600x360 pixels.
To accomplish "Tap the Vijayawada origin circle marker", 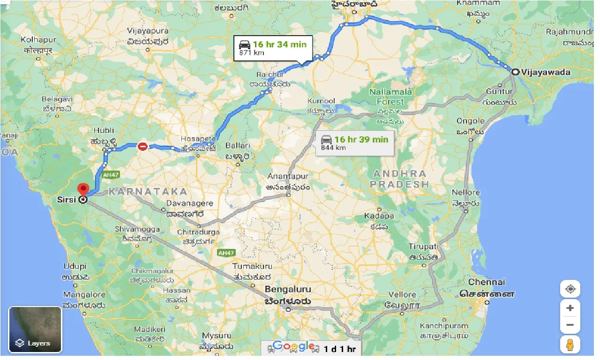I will pyautogui.click(x=515, y=72).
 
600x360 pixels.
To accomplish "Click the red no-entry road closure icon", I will pyautogui.click(x=142, y=147).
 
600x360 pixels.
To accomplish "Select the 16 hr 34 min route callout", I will pyautogui.click(x=273, y=48).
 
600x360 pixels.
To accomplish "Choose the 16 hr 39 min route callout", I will pyautogui.click(x=355, y=143).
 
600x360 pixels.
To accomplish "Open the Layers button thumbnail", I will pyautogui.click(x=35, y=330).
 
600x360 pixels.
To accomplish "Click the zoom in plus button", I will pyautogui.click(x=570, y=308).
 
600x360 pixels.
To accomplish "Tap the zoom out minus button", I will pyautogui.click(x=570, y=324).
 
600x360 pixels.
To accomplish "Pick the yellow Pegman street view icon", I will pyautogui.click(x=570, y=345).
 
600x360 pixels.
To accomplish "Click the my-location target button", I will pyautogui.click(x=570, y=289).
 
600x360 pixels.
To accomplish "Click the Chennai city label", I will pyautogui.click(x=487, y=282).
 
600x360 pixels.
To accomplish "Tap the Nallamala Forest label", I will pyautogui.click(x=390, y=97).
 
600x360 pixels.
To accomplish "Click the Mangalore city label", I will pyautogui.click(x=84, y=295).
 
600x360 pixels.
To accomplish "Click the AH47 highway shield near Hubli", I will pyautogui.click(x=109, y=175).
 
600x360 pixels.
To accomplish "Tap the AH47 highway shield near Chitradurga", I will pyautogui.click(x=226, y=253).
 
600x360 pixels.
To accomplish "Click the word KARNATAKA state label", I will pyautogui.click(x=148, y=191).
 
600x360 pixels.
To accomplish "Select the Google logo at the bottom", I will pyautogui.click(x=294, y=346).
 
